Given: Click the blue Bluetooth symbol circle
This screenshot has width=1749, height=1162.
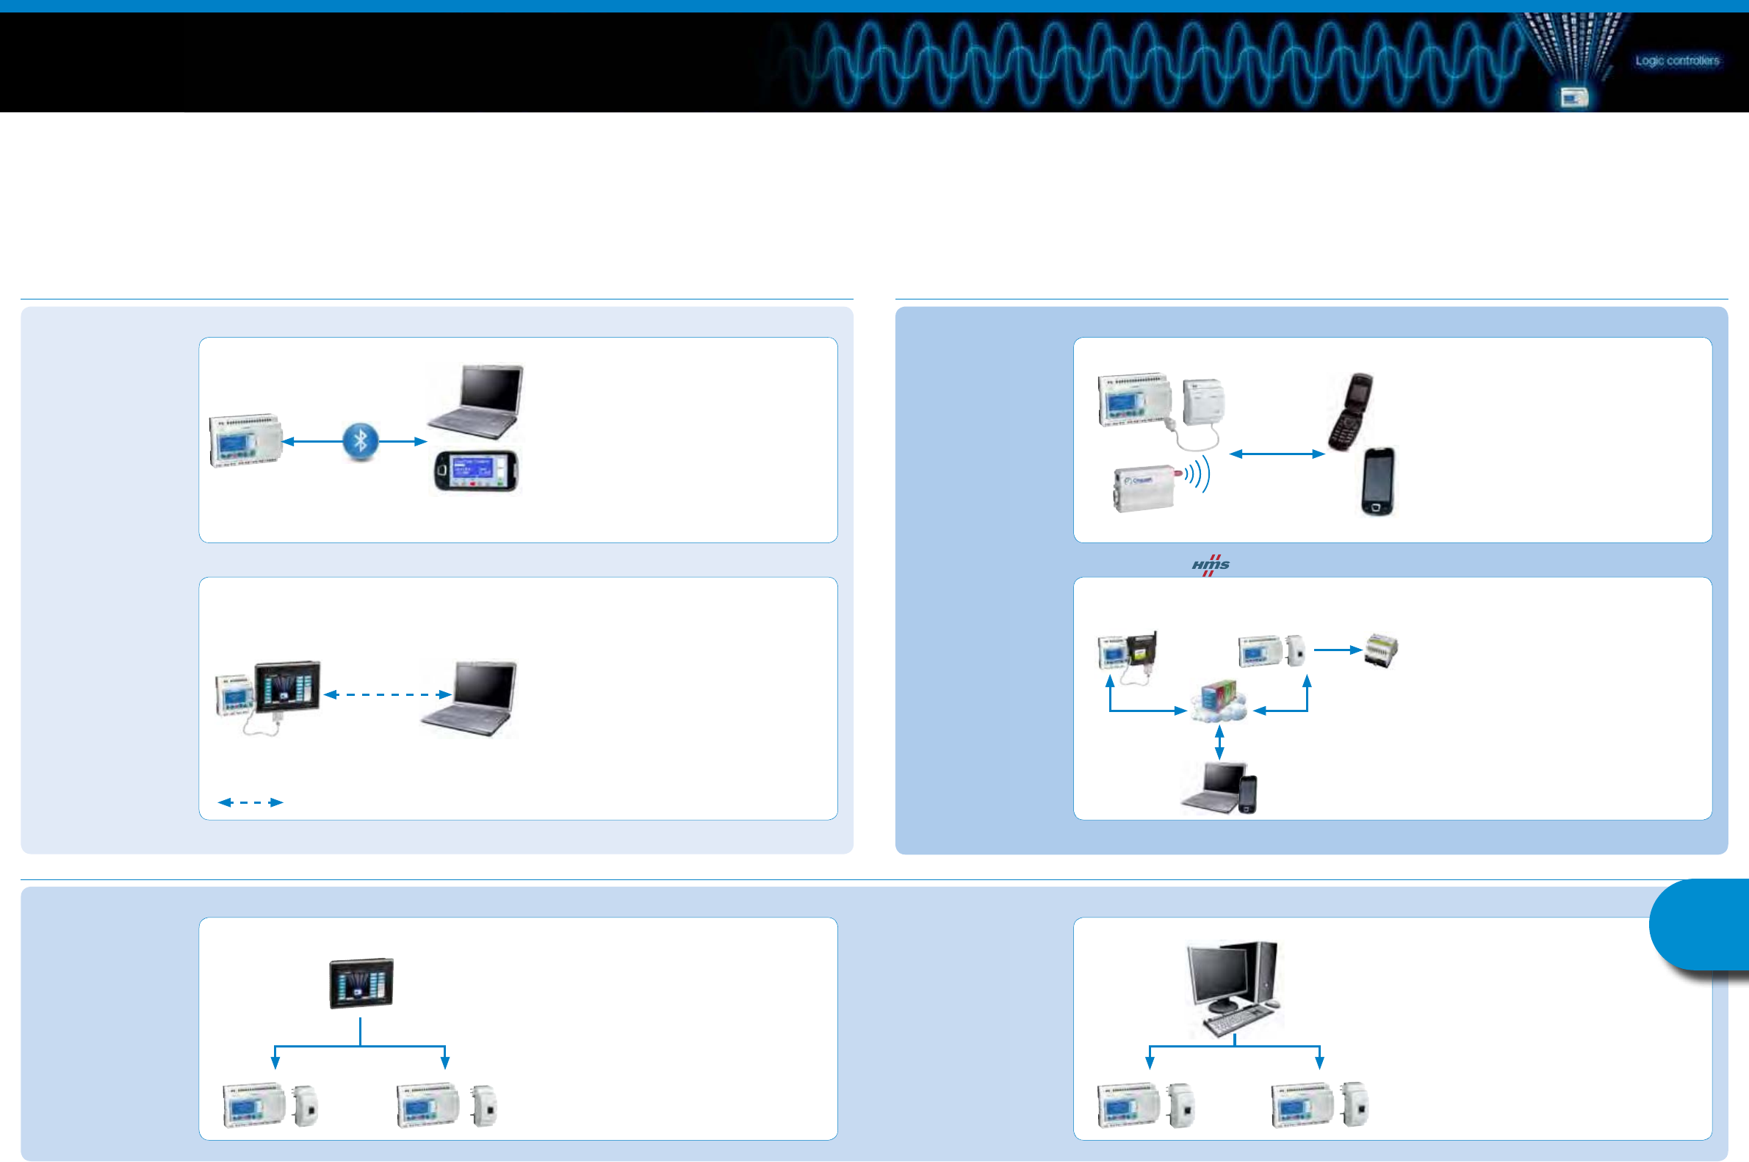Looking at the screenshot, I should click(x=361, y=442).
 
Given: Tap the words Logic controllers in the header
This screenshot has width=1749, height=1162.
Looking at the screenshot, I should click(x=1677, y=61).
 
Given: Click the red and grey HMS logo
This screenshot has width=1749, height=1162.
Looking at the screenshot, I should click(x=1210, y=565).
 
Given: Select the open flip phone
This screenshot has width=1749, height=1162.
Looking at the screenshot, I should click(x=1350, y=411).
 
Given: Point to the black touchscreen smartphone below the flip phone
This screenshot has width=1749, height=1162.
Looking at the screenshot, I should click(x=1377, y=481).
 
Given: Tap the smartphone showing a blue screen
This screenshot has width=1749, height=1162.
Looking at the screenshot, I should click(x=475, y=471).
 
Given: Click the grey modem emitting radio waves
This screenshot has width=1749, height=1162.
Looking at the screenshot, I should click(x=1144, y=487).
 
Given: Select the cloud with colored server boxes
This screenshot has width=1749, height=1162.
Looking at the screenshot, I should click(x=1219, y=702).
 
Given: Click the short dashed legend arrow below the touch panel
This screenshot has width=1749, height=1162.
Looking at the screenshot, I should click(x=250, y=802).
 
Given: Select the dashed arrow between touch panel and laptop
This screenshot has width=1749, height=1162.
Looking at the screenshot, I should click(x=387, y=694).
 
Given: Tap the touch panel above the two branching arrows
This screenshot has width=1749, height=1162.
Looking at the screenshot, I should click(x=361, y=983).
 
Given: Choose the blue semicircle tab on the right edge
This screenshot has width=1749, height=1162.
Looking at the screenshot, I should click(x=1702, y=924).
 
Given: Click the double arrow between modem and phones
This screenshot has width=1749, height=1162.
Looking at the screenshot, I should click(x=1276, y=454).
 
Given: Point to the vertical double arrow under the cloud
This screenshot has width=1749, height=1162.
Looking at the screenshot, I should click(x=1219, y=744).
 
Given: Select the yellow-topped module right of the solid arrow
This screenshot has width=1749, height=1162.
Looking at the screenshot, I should click(x=1381, y=650).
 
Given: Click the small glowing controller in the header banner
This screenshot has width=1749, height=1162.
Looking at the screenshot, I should click(x=1573, y=97).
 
